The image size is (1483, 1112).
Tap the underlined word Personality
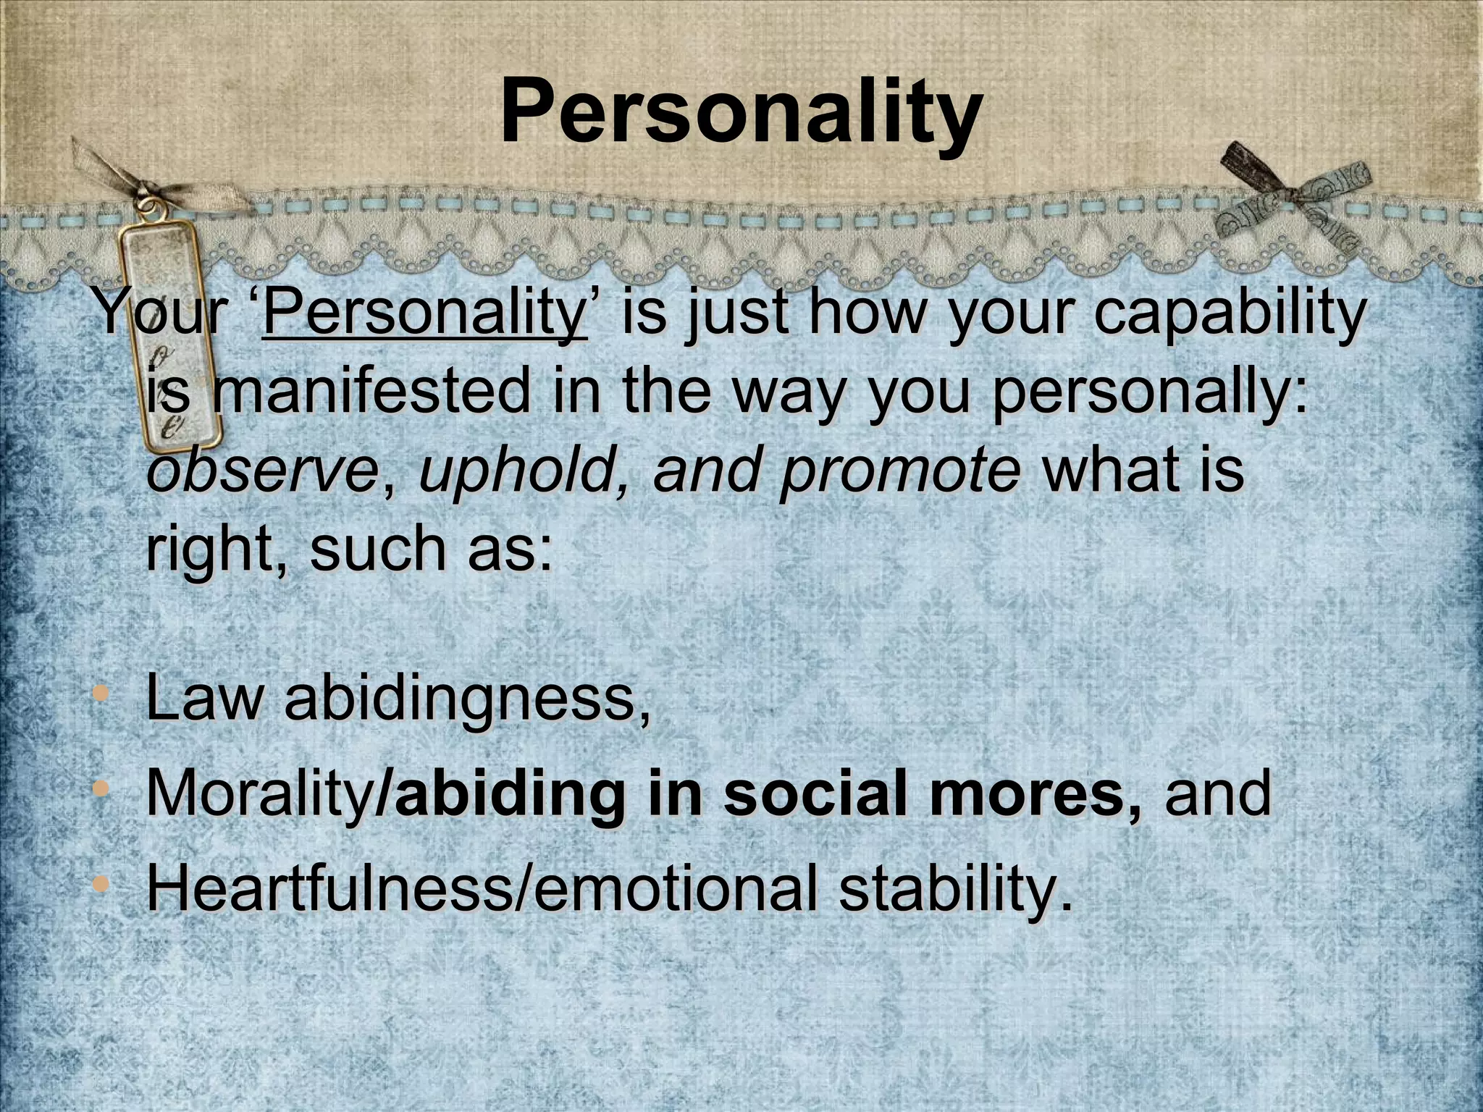coord(424,314)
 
